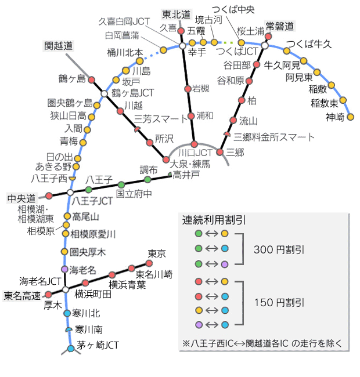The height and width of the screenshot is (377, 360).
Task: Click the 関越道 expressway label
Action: [x=59, y=45]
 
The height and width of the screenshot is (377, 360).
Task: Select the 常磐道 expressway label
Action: [x=280, y=26]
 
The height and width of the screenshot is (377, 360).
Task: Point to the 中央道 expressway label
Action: [x=21, y=198]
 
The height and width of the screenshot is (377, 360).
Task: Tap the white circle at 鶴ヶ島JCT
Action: [x=104, y=93]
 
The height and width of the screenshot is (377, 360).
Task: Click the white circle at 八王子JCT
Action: [x=70, y=192]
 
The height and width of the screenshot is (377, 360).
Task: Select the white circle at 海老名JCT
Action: [x=66, y=289]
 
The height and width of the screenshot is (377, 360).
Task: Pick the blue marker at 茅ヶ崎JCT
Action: [x=71, y=349]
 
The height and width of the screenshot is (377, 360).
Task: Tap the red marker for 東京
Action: [x=149, y=263]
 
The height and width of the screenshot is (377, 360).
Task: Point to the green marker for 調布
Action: [x=147, y=179]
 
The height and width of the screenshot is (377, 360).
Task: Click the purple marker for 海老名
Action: [x=65, y=270]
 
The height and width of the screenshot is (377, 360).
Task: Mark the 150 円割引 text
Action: [x=279, y=303]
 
